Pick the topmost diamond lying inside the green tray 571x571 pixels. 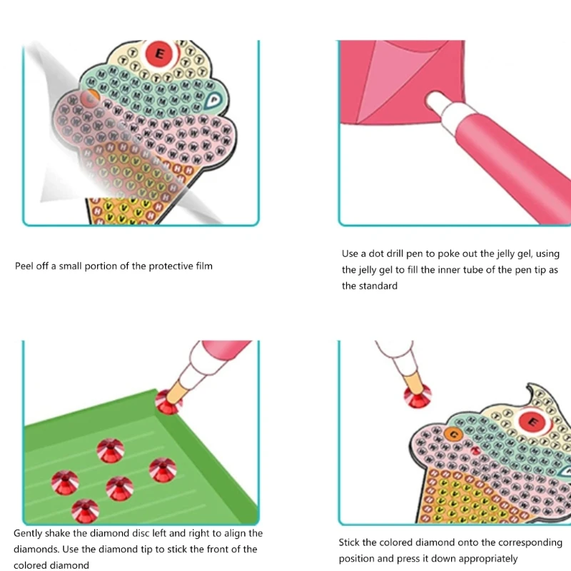point(111,450)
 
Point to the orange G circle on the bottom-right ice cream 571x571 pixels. point(452,433)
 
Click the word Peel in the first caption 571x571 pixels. point(25,266)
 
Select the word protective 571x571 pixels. point(169,266)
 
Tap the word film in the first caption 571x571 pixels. point(203,266)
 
